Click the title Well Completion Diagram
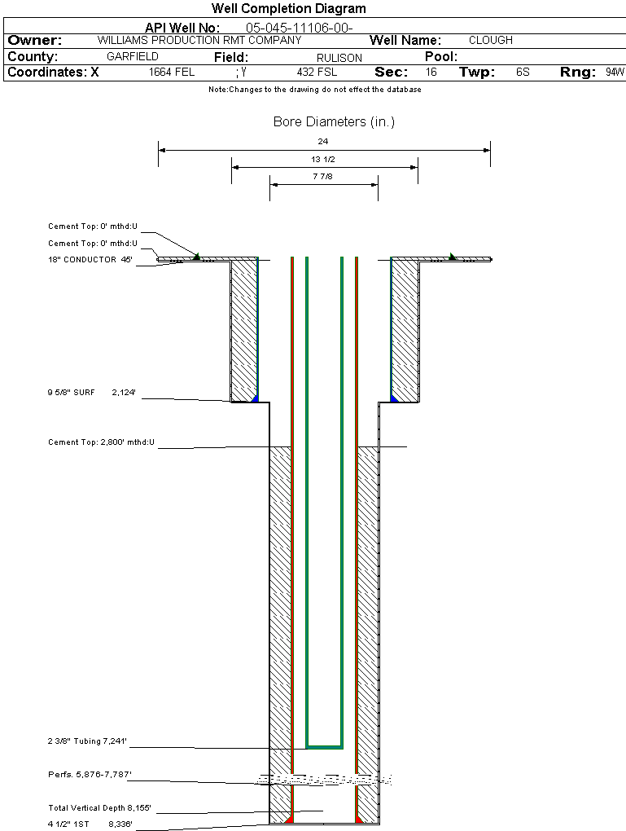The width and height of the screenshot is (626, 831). tap(288, 9)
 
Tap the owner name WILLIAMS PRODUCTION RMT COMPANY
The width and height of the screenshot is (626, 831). tap(199, 40)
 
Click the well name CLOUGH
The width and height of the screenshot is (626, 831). tap(491, 40)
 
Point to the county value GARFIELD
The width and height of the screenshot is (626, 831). tap(133, 57)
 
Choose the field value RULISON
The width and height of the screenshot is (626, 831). tap(339, 58)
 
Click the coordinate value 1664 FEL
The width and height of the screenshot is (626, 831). tap(172, 73)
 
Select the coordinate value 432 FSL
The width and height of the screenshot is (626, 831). tap(317, 73)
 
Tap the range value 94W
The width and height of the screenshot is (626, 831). tap(615, 73)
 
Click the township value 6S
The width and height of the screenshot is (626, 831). tap(523, 73)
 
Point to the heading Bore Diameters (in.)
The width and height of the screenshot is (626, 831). tap(334, 122)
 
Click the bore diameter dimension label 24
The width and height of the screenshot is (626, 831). tap(323, 141)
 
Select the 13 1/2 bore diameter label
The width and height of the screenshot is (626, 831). tap(323, 159)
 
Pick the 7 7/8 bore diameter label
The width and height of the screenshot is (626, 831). tap(323, 176)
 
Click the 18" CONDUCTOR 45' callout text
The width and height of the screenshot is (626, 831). tap(90, 260)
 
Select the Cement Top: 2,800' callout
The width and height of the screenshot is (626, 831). tap(101, 442)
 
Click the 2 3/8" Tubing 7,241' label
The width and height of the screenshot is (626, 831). tap(87, 741)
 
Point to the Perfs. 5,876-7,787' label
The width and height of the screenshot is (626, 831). tap(90, 774)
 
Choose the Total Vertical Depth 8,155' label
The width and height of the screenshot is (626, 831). tap(100, 808)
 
